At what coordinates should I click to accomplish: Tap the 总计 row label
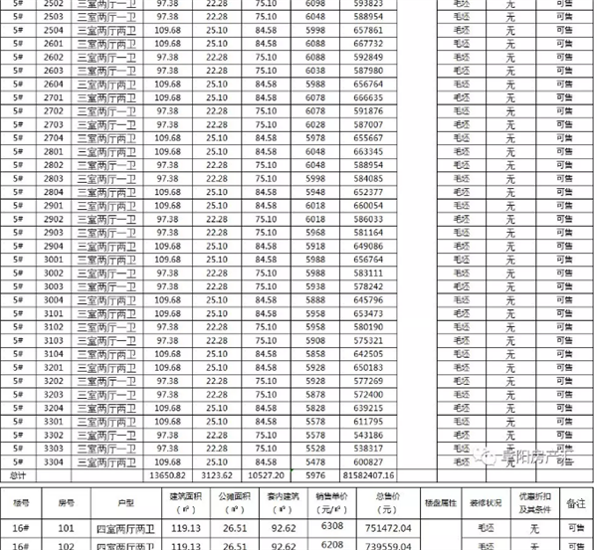click(x=17, y=475)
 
